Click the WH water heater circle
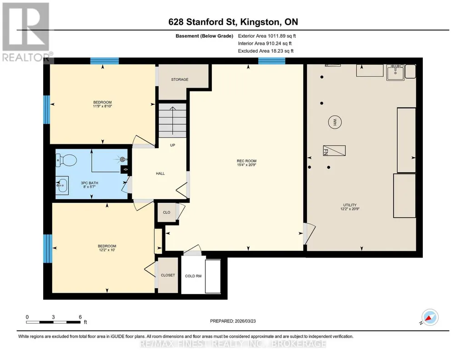pos(335,122)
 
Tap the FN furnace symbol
pos(334,150)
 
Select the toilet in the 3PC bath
pos(66,160)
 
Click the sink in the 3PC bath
pos(62,185)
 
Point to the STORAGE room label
pos(180,80)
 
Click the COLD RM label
pos(193,276)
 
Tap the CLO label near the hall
pos(167,212)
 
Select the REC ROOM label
pos(247,161)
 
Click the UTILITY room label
pos(350,205)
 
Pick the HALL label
pos(160,174)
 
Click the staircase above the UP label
pos(172,120)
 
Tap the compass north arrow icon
pos(430,318)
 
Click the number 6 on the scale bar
pos(80,317)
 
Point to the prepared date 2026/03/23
pos(245,321)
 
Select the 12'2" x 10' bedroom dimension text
pos(107,250)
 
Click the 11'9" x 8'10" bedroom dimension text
pos(103,106)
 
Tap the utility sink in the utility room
pos(395,72)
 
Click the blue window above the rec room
pos(271,61)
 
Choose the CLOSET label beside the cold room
pos(168,275)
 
